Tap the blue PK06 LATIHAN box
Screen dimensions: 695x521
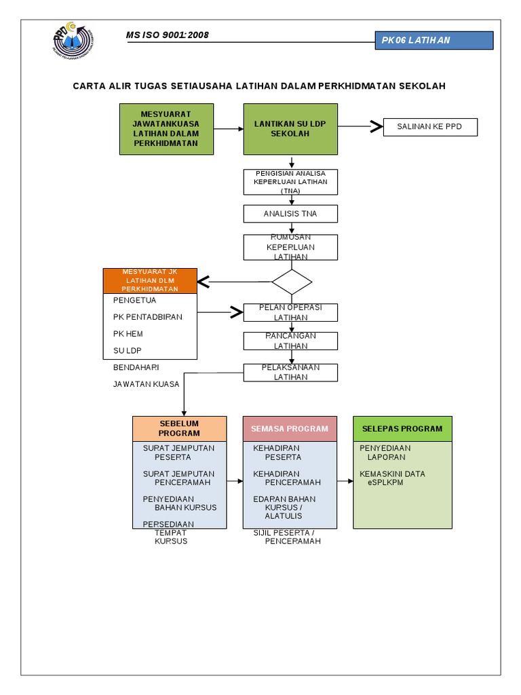coord(434,40)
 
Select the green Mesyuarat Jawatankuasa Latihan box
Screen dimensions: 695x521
coord(166,128)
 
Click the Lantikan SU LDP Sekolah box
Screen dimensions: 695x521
coord(290,128)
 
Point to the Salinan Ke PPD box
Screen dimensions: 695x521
coord(430,127)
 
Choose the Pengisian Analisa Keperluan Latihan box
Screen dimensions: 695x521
coord(290,182)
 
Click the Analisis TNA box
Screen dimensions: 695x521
coord(290,214)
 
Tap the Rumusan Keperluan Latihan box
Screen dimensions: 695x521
coord(290,247)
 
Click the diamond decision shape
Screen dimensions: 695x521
coord(292,281)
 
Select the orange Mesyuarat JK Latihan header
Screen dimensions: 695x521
coord(149,280)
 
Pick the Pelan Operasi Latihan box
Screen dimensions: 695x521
coord(290,312)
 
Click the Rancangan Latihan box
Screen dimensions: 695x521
coord(290,341)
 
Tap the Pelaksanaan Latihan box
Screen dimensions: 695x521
coord(290,373)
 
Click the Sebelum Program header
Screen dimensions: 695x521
coord(179,428)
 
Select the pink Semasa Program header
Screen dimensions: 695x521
coord(290,428)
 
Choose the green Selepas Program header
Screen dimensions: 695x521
coord(402,428)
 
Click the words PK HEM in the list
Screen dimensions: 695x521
coord(128,334)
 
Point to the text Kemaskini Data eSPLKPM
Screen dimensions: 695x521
coord(393,478)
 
